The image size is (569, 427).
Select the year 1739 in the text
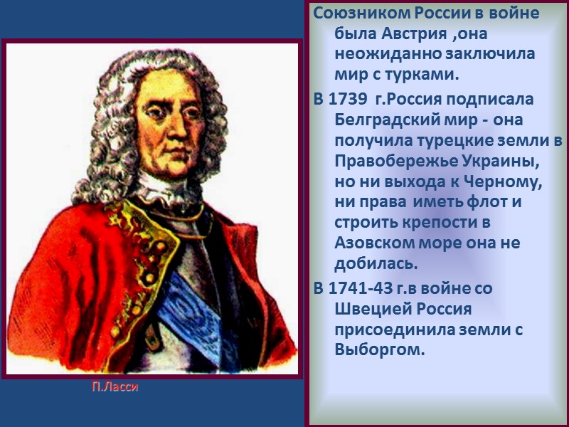[x=348, y=98]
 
